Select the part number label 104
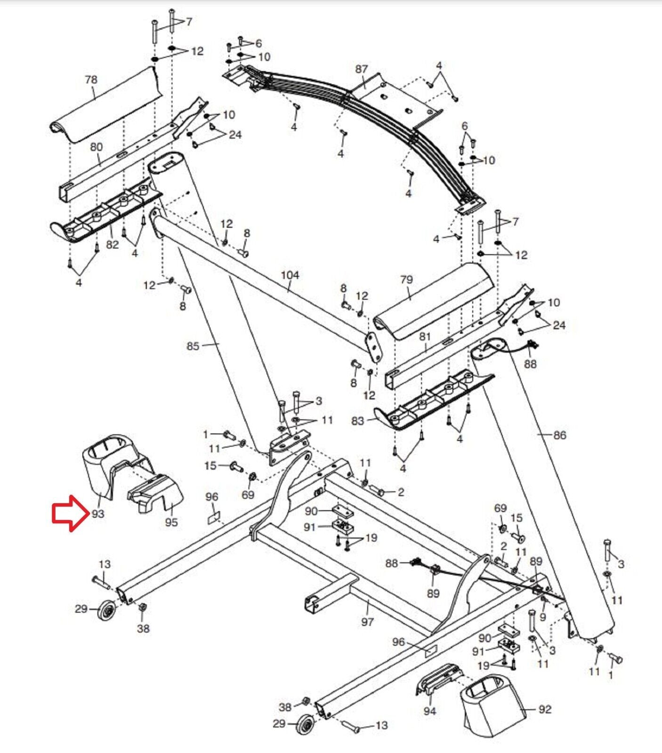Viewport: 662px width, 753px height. click(290, 275)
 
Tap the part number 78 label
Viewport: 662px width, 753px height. click(91, 80)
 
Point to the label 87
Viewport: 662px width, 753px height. click(361, 69)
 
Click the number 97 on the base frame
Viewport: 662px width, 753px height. click(367, 622)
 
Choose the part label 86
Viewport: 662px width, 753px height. click(559, 435)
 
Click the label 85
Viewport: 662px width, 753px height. click(193, 346)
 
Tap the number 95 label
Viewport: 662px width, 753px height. click(171, 522)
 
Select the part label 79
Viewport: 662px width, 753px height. click(406, 280)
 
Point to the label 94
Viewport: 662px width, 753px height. click(429, 711)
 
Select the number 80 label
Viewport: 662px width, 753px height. click(96, 147)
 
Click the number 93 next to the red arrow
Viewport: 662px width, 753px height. click(97, 514)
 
